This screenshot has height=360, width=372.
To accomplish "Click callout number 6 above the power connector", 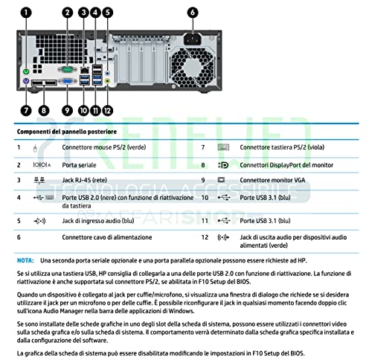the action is pos(193,13).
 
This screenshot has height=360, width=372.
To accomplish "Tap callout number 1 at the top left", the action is pos(26,13).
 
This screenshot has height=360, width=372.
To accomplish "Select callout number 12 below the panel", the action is pos(107,110).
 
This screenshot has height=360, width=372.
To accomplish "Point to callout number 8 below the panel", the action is pos(44,110).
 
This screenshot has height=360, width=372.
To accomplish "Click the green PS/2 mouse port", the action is pos(26,72).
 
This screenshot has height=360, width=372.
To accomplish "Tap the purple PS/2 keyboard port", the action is pos(26,81).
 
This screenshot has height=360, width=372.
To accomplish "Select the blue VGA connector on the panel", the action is pos(67,81).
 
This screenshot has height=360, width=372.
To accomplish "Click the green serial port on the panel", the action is pos(67,69).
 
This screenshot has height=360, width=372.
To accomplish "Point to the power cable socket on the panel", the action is pos(193,39).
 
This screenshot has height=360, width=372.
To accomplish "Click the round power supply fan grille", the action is pos(193,67).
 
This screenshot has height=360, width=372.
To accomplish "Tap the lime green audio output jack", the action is pos(107,81).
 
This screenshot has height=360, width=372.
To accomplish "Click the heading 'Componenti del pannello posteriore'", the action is pos(67,132).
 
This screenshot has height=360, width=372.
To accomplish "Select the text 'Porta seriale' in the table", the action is pos(79,165).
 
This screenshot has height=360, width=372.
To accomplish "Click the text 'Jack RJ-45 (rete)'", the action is pos(85,180).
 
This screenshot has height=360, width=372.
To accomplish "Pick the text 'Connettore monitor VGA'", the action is pos(272,180).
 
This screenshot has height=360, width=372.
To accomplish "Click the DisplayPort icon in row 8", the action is pos(223,165).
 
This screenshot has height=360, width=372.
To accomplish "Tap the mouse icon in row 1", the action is pos(35,148).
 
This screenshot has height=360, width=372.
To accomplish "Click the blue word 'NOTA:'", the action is pos(25,260).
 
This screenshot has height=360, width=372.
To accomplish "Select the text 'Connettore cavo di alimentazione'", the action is pos(107,237).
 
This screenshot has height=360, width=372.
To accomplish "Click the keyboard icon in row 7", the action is pos(223,147).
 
